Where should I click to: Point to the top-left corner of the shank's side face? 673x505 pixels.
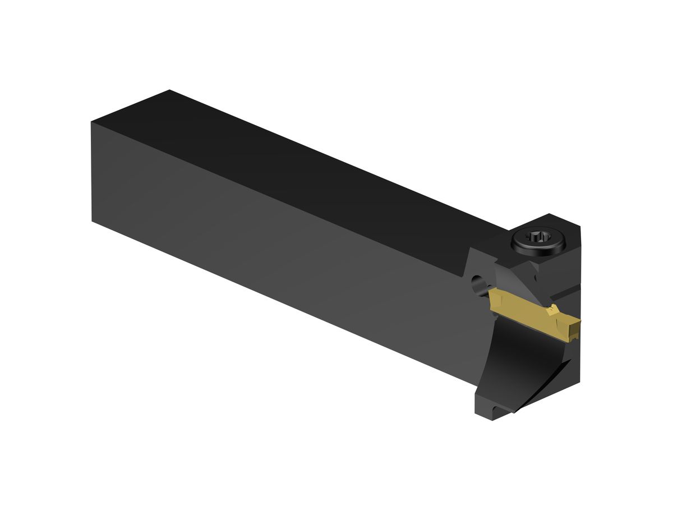tap(92, 123)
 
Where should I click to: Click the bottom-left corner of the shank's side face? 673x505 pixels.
tap(93, 220)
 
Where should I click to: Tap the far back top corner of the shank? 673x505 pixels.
tap(169, 90)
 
